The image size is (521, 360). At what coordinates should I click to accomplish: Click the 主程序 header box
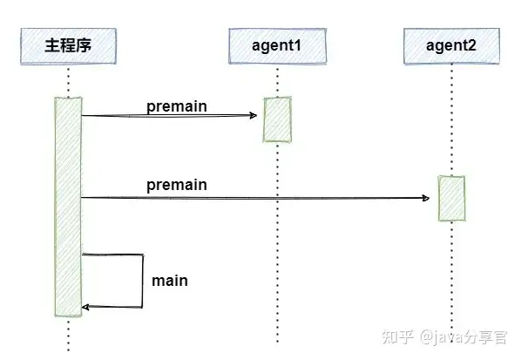(x=68, y=46)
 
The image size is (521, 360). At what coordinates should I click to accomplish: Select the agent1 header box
(x=277, y=46)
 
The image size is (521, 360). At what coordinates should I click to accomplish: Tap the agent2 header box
(x=451, y=46)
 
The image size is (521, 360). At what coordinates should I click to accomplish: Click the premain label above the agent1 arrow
(x=177, y=107)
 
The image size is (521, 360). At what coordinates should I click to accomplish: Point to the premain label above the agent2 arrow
(x=177, y=185)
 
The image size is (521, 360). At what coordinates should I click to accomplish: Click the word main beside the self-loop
(x=170, y=281)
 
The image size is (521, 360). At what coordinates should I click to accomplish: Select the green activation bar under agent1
(x=277, y=119)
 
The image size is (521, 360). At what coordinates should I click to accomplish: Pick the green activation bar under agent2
(x=451, y=198)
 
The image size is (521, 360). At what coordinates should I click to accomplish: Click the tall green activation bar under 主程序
(x=68, y=207)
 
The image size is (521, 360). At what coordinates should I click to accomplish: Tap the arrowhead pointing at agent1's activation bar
(x=254, y=115)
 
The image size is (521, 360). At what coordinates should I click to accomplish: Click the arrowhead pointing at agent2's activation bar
(x=426, y=198)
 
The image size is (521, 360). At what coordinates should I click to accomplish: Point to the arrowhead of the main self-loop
(x=85, y=307)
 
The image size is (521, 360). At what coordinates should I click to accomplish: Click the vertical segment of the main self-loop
(x=143, y=281)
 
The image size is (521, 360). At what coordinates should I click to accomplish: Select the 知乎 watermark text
(x=398, y=336)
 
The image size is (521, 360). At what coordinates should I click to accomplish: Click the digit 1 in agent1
(x=297, y=45)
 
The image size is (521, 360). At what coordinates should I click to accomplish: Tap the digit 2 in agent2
(x=471, y=45)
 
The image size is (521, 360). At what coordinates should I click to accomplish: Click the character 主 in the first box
(x=52, y=45)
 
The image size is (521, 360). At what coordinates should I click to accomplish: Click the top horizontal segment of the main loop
(x=112, y=255)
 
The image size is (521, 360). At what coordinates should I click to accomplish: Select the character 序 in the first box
(x=84, y=45)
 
